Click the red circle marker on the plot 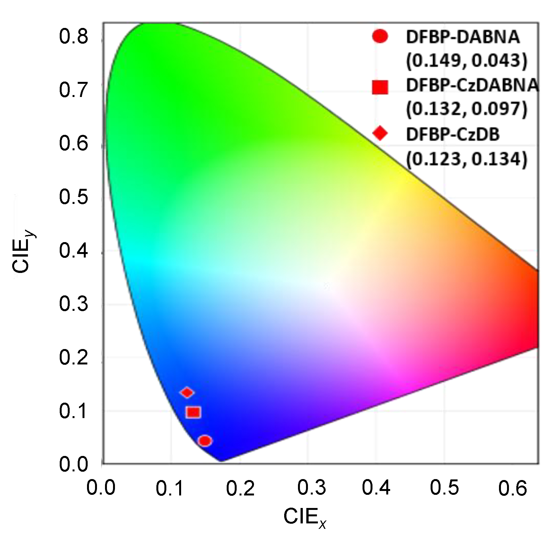205,441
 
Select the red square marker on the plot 193,412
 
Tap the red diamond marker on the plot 187,392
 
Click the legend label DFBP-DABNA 463,37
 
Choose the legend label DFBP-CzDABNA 472,85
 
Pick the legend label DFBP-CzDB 453,135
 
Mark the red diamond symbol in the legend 380,133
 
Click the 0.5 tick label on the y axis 74,197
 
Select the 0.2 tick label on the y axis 74,357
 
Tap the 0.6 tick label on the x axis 513,489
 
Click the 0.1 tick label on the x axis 170,489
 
